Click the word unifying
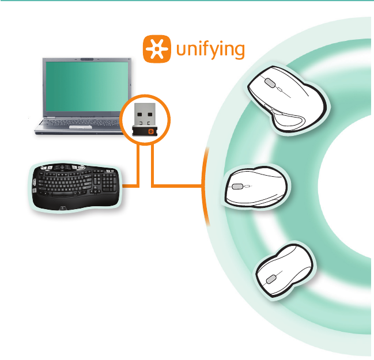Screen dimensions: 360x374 point(210,49)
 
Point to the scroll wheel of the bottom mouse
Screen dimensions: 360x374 point(270,280)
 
